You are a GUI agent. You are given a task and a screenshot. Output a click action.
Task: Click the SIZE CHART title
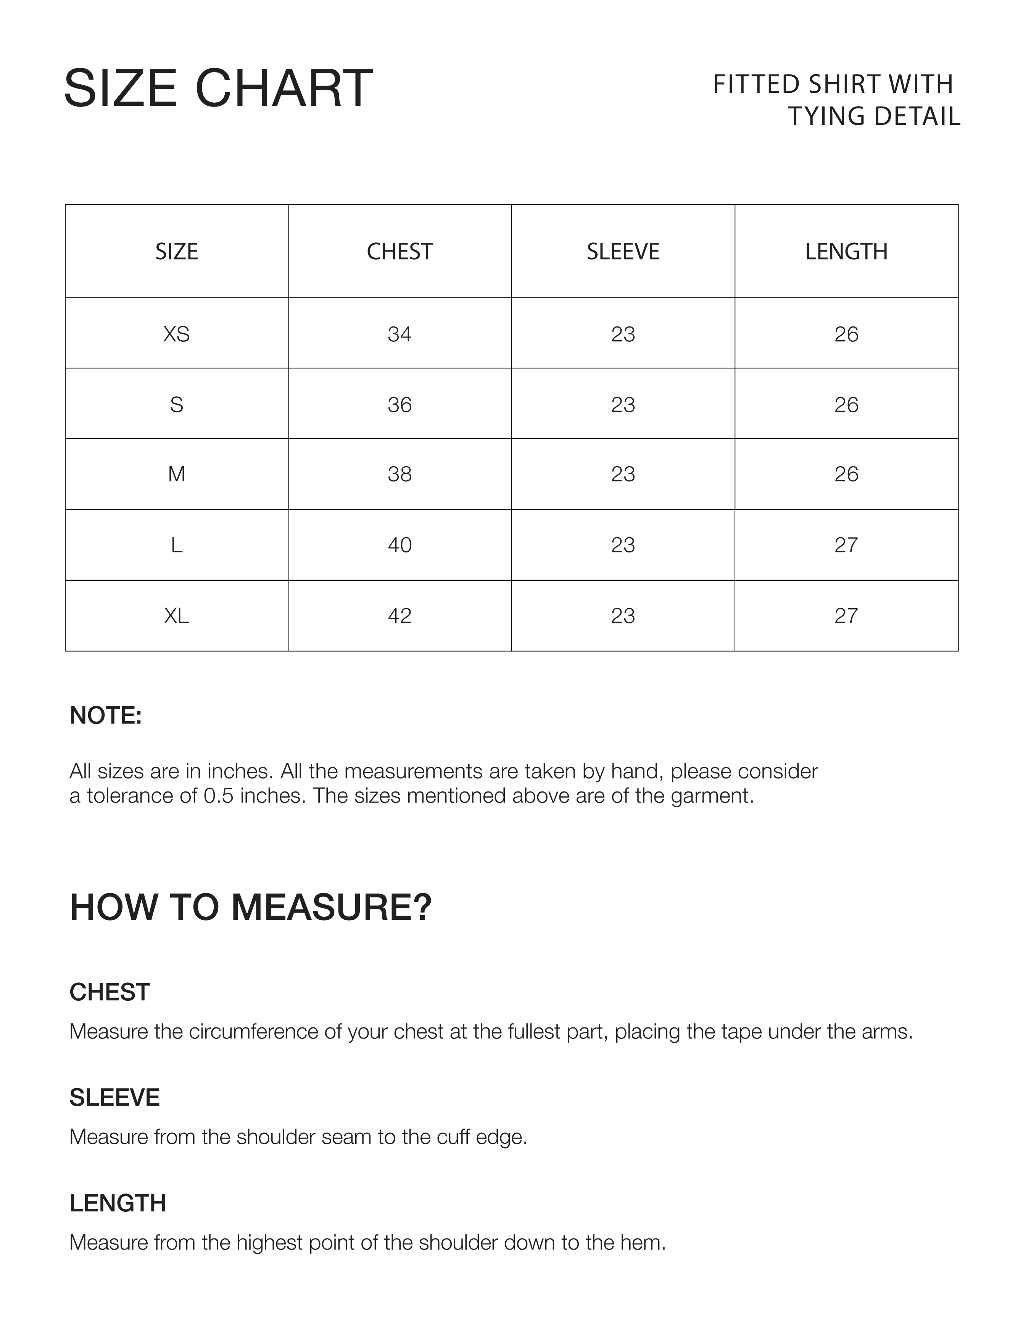(x=218, y=88)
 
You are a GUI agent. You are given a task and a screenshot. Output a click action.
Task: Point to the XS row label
(x=177, y=334)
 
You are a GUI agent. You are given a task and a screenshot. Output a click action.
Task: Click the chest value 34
(x=400, y=334)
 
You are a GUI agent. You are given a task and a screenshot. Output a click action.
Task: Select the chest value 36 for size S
(x=400, y=404)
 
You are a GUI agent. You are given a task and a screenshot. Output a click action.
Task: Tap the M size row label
(x=177, y=474)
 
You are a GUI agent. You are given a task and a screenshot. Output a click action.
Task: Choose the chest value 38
(x=400, y=474)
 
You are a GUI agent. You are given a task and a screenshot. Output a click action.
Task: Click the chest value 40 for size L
(x=400, y=544)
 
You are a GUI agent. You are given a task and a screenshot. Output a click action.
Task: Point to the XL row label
(x=177, y=616)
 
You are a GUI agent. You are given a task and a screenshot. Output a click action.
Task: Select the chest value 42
(x=400, y=616)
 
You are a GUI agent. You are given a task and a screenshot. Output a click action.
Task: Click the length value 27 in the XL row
(x=846, y=616)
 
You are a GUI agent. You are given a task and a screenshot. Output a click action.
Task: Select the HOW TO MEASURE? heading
(x=250, y=906)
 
